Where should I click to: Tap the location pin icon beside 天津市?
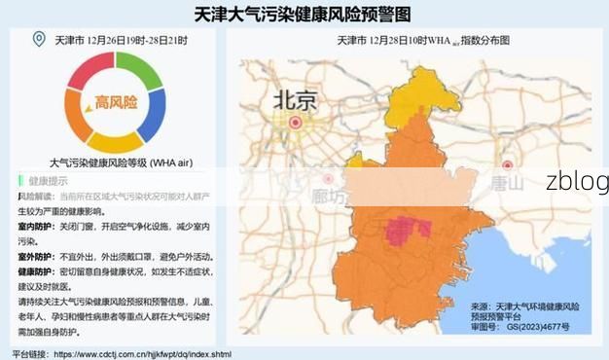pyautogui.click(x=39, y=39)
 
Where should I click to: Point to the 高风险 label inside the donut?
pyautogui.click(x=115, y=101)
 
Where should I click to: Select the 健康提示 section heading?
pyautogui.click(x=48, y=181)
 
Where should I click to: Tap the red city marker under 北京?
pyautogui.click(x=295, y=123)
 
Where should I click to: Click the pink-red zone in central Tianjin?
pyautogui.click(x=409, y=230)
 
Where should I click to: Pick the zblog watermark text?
pyautogui.click(x=576, y=181)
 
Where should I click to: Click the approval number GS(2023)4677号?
pyautogui.click(x=532, y=327)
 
